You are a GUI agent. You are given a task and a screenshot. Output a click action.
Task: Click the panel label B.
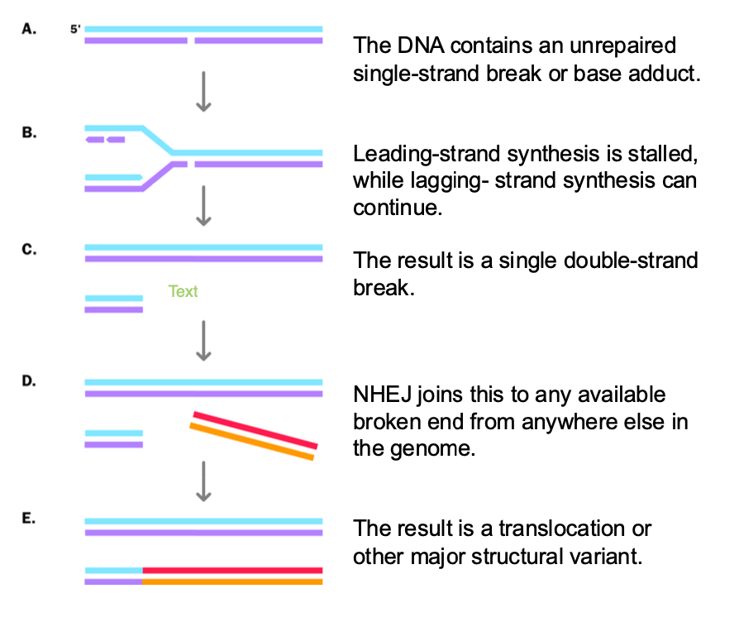click(28, 132)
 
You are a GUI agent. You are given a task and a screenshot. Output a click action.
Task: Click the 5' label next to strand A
click(75, 28)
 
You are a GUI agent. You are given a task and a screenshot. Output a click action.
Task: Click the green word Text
click(183, 291)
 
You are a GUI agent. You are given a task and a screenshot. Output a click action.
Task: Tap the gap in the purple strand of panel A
click(191, 40)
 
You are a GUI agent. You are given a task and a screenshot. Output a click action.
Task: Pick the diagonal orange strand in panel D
click(251, 443)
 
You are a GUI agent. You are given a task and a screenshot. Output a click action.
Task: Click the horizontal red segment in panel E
click(232, 570)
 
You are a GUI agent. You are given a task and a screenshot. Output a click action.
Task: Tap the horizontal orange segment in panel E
click(232, 581)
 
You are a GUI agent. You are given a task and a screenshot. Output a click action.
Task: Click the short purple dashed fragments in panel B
click(105, 139)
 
